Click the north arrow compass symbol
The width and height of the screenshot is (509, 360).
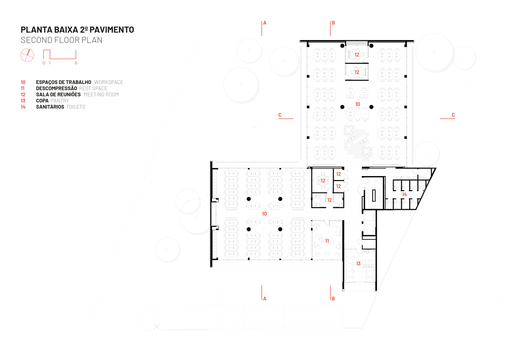27,55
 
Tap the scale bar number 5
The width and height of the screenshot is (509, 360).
76,63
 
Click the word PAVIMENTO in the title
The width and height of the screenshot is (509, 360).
112,30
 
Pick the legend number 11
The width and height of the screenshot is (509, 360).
22,89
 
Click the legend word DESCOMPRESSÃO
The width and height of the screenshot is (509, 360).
57,88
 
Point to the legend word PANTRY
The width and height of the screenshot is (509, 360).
60,101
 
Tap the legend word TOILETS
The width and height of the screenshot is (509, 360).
76,107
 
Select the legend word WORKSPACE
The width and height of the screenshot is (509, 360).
109,82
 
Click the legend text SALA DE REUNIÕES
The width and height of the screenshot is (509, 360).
58,95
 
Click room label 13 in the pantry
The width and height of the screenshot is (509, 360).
358,264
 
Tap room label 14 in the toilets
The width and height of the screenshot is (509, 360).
405,194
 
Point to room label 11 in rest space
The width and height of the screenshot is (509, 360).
327,241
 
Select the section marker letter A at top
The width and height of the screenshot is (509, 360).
265,23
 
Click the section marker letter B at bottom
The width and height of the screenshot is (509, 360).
333,299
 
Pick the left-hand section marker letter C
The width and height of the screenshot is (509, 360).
280,115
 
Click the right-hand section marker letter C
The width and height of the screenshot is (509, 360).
453,115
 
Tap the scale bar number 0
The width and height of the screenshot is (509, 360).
44,63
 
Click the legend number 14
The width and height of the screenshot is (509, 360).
23,107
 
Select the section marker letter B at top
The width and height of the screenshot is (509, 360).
333,23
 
